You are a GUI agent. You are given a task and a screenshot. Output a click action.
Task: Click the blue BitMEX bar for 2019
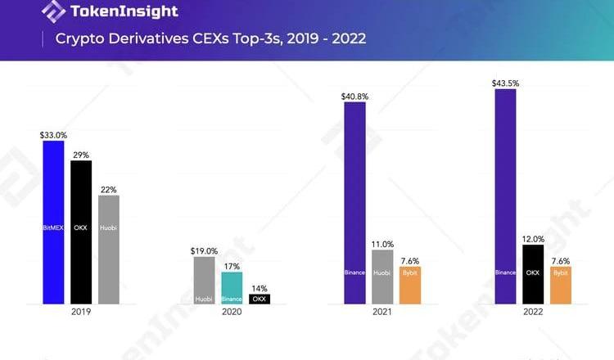click(53, 222)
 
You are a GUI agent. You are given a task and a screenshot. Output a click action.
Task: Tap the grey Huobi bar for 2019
click(109, 250)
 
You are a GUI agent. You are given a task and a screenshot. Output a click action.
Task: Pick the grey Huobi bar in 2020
click(205, 281)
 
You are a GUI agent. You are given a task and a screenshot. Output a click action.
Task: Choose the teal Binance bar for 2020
click(233, 288)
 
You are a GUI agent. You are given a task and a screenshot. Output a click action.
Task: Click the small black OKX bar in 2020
click(260, 299)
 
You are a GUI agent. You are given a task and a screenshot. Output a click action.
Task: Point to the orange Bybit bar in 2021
click(410, 286)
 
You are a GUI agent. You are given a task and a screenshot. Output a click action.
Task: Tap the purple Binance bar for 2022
click(505, 196)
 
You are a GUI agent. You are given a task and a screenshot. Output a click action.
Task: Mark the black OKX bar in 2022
click(533, 274)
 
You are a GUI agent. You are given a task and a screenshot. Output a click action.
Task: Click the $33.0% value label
click(53, 134)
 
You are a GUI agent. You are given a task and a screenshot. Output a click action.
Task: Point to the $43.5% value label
click(505, 83)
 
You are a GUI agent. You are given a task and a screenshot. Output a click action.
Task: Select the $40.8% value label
click(354, 97)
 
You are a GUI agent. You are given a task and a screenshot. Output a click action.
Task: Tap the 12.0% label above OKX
click(533, 238)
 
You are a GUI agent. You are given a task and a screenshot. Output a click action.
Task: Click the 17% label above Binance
click(233, 267)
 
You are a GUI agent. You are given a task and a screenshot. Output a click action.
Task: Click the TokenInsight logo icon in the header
click(53, 11)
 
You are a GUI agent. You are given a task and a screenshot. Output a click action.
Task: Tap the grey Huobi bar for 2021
click(382, 277)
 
